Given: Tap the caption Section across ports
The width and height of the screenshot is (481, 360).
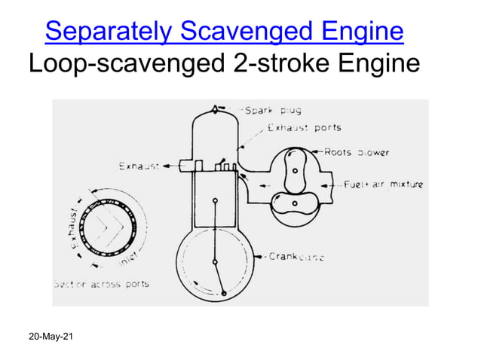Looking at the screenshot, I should click(x=100, y=284).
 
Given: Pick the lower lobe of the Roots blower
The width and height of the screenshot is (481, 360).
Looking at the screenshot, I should click(x=290, y=202).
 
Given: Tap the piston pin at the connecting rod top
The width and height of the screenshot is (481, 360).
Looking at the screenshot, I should click(x=216, y=200).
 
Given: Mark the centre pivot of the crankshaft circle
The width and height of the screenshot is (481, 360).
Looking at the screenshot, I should click(x=216, y=261).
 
